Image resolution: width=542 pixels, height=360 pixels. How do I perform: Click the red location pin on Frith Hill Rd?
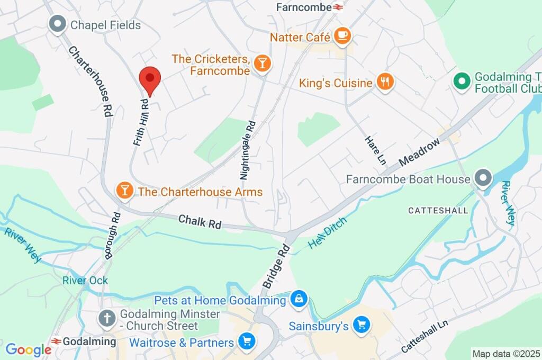(x=150, y=80)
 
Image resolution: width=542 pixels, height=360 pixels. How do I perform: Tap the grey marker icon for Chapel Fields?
(x=57, y=24)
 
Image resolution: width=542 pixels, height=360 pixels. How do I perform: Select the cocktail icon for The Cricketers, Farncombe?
(x=261, y=64)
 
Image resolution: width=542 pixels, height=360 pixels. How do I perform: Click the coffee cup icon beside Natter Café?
(x=342, y=36)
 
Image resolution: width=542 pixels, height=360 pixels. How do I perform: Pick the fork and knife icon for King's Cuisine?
(x=385, y=82)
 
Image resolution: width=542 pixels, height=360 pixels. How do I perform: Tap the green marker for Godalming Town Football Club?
(x=462, y=82)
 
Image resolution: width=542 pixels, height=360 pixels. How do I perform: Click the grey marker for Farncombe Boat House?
(x=482, y=179)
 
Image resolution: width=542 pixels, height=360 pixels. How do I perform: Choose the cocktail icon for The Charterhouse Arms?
(x=125, y=191)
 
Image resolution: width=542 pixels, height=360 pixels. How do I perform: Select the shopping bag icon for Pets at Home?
(x=299, y=300)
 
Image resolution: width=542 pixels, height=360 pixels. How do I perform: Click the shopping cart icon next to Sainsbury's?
(x=362, y=325)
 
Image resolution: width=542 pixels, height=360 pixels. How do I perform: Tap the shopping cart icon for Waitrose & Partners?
(x=246, y=342)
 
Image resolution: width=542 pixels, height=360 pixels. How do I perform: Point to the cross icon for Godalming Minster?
(x=107, y=319)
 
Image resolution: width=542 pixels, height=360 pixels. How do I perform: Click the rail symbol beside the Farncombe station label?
(x=338, y=7)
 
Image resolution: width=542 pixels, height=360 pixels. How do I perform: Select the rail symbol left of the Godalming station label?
(x=56, y=341)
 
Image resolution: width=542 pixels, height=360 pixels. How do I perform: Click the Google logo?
(x=28, y=349)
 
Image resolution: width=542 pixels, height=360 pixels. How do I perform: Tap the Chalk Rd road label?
(x=200, y=222)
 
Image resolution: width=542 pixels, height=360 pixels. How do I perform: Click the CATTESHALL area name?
(x=438, y=211)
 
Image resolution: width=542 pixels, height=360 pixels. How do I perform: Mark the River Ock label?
(x=85, y=280)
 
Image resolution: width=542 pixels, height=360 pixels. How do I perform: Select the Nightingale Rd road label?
(x=247, y=150)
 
